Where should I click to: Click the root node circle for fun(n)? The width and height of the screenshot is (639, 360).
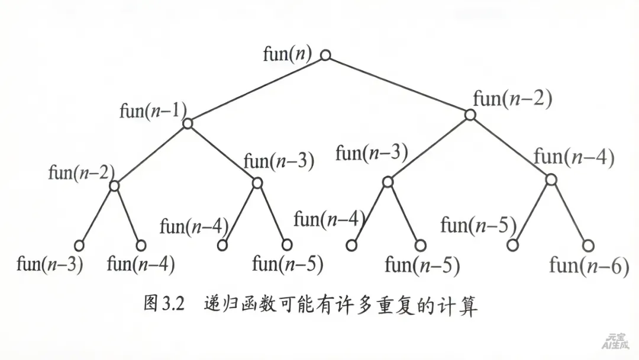(325, 55)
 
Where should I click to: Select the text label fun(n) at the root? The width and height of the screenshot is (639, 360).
(288, 54)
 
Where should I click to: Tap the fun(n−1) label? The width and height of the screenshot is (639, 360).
(153, 111)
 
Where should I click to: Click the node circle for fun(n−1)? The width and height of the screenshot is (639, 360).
(188, 123)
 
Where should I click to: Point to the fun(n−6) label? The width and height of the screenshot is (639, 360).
(589, 266)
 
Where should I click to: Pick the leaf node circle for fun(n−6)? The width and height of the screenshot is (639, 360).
(588, 245)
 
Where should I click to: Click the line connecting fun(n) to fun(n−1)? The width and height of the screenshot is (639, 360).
(256, 89)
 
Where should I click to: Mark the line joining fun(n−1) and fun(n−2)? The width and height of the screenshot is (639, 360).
(151, 155)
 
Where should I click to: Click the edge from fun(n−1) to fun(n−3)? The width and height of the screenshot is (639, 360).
(222, 153)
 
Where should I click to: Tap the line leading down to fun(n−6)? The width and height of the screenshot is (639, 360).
(570, 213)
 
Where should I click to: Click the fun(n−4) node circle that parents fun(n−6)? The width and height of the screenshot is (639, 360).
(551, 179)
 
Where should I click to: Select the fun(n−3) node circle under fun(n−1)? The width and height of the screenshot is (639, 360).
(257, 182)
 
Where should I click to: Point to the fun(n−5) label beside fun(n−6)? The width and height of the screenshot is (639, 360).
(478, 225)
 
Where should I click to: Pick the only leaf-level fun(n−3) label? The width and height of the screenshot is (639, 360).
(50, 264)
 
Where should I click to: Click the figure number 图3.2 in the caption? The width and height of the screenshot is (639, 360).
(164, 306)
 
